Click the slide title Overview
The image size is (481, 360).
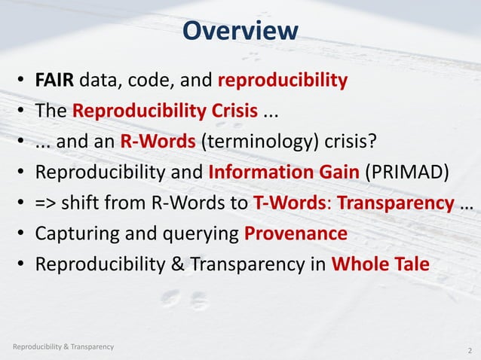(240, 31)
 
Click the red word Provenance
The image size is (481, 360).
(296, 234)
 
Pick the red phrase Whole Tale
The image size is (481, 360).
(384, 265)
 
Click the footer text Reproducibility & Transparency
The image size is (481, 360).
(63, 346)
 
